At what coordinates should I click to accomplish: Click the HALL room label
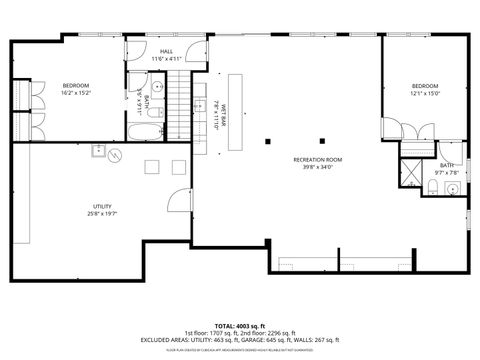(x=166, y=50)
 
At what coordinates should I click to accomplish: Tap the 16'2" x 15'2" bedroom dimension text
(x=77, y=94)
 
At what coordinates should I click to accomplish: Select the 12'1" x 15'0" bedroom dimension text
(x=424, y=94)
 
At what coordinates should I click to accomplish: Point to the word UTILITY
(x=102, y=206)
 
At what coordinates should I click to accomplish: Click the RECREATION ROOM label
(x=317, y=160)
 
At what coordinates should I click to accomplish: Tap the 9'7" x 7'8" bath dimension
(x=447, y=172)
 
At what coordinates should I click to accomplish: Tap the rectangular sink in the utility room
(x=98, y=150)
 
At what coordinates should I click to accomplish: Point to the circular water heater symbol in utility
(x=115, y=156)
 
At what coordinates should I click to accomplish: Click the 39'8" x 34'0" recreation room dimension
(x=317, y=167)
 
